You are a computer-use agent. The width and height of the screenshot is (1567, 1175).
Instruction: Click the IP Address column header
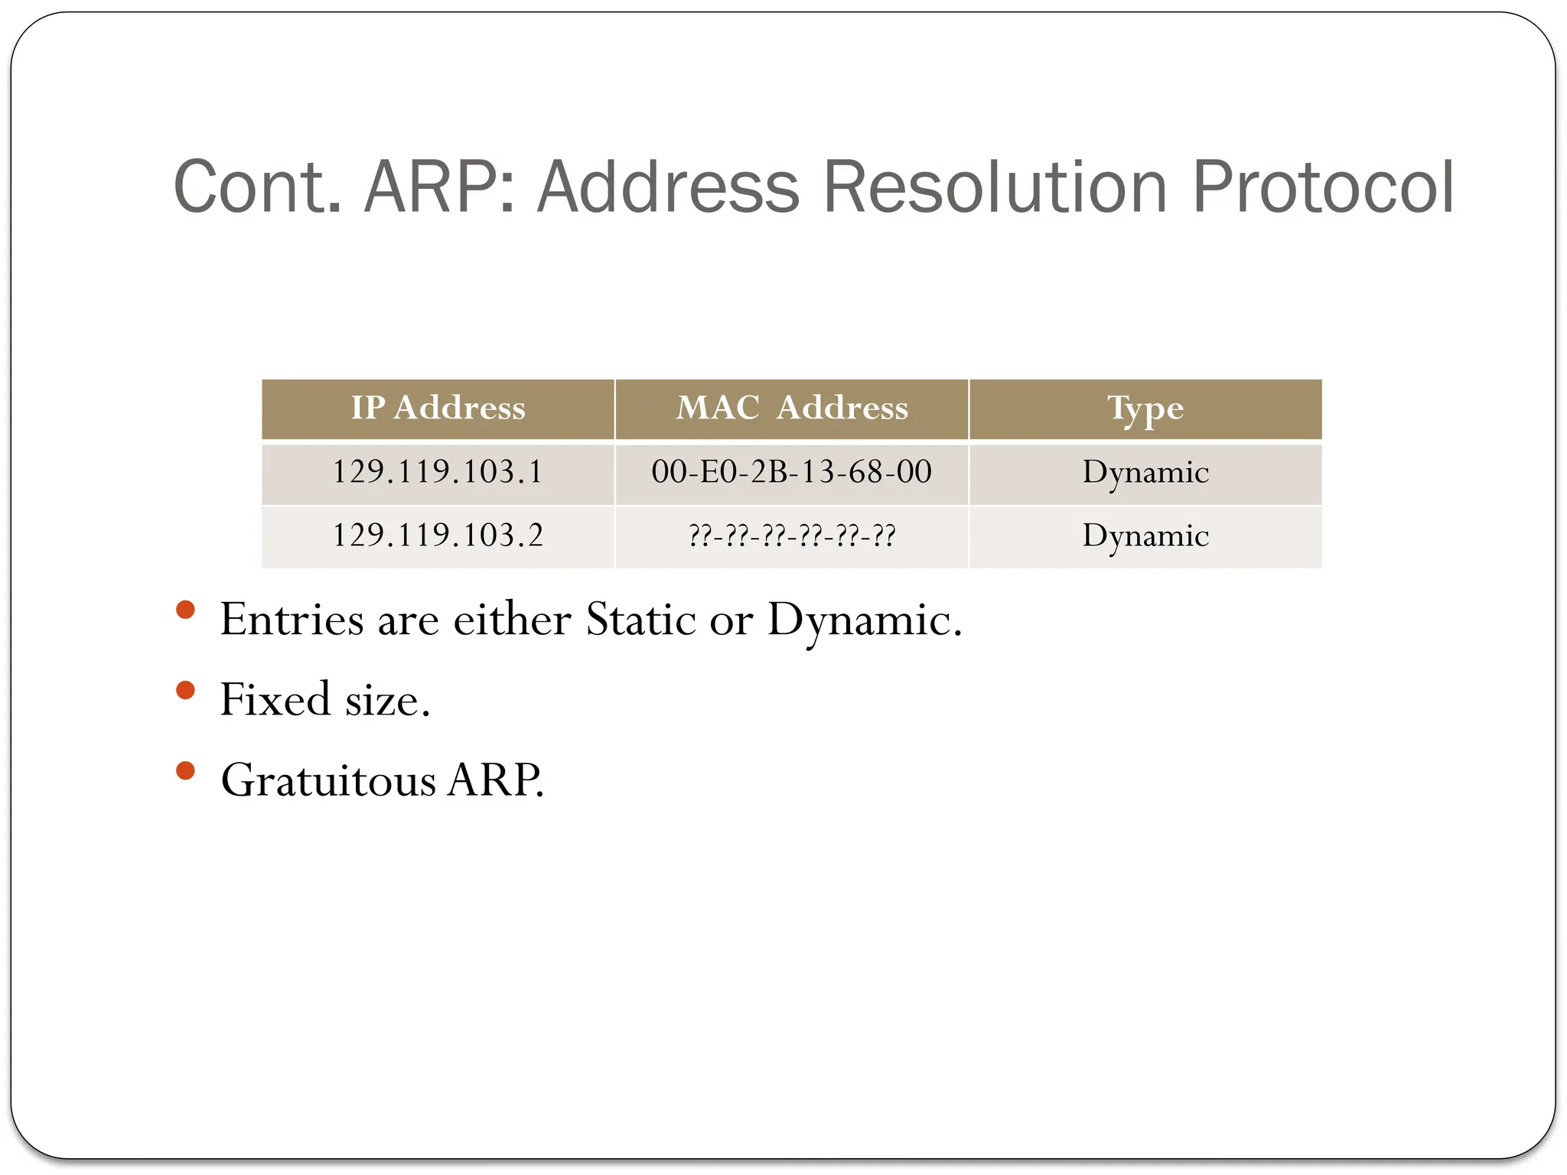click(438, 408)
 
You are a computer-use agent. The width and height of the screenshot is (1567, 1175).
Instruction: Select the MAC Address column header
click(792, 408)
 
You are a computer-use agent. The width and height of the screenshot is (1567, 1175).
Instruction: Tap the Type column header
click(1145, 408)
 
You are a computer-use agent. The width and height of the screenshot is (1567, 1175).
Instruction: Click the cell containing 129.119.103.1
click(438, 472)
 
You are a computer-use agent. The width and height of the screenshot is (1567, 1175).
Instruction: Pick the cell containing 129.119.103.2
click(438, 535)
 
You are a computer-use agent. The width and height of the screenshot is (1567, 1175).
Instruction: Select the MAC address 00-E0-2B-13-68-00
click(792, 472)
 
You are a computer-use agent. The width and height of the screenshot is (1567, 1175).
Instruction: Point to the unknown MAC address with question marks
click(792, 535)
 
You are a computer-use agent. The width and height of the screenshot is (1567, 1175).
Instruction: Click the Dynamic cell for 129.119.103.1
click(1145, 472)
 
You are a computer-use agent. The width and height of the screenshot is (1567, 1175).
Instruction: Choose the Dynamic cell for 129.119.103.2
click(1145, 535)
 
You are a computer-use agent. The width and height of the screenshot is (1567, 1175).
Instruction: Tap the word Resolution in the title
click(995, 187)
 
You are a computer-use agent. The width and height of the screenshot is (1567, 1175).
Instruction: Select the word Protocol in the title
click(1323, 187)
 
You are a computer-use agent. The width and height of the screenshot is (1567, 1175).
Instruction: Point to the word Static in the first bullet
click(641, 619)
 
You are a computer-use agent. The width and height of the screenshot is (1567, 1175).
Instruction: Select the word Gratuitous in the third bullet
click(328, 780)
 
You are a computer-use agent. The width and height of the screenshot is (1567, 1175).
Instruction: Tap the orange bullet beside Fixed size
click(185, 691)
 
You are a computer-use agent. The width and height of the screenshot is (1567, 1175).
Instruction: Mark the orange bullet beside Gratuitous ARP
click(185, 770)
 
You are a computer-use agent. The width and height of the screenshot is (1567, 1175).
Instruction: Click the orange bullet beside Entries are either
click(185, 610)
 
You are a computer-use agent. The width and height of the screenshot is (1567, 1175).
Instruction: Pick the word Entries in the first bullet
click(292, 619)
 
